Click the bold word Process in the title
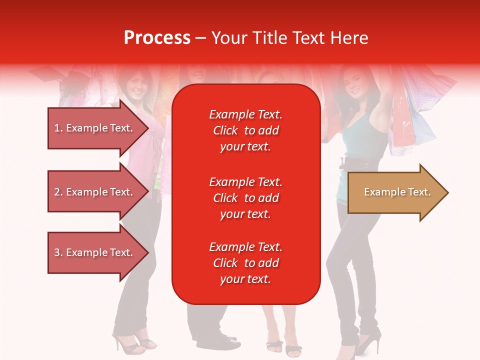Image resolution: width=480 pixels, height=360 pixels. [x=157, y=38]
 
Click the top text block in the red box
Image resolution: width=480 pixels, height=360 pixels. [x=245, y=130]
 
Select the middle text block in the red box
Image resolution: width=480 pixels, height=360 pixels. [x=245, y=198]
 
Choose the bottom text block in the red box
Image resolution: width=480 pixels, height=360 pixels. [x=245, y=263]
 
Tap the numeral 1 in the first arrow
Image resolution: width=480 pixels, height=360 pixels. [x=57, y=128]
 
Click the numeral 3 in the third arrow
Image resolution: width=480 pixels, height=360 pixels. [x=57, y=252]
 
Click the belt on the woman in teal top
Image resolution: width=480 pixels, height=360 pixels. [x=357, y=162]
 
